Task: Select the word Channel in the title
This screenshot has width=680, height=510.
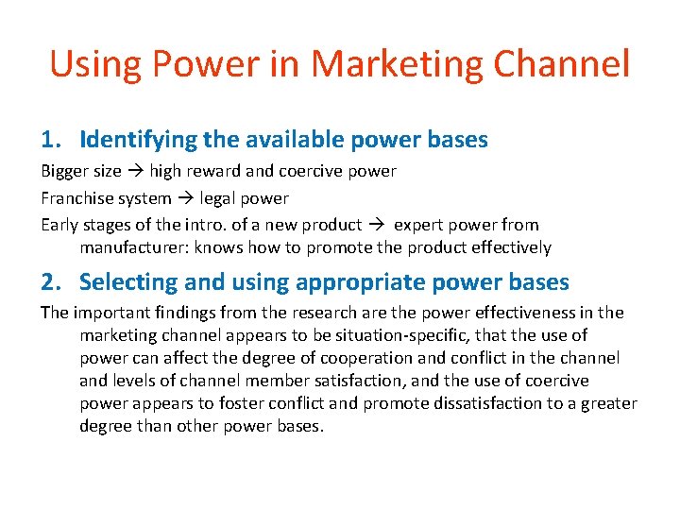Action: click(x=569, y=64)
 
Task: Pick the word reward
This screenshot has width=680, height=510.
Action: click(x=212, y=172)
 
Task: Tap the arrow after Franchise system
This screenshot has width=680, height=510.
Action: click(x=185, y=198)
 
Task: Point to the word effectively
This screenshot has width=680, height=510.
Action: click(x=510, y=247)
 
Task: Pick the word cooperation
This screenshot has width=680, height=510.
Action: click(x=387, y=358)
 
